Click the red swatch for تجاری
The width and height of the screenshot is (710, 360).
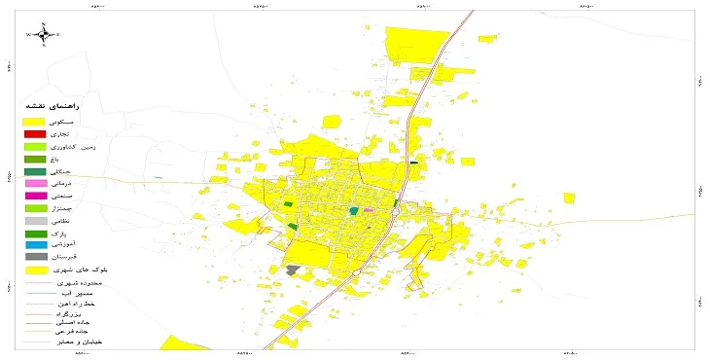35,133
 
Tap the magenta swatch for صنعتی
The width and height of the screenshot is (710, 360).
35,196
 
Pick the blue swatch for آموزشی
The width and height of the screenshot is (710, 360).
35,244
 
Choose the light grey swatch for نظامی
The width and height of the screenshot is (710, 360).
35,221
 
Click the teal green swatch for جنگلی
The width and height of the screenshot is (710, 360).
35,170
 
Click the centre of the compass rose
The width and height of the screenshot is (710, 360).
44,35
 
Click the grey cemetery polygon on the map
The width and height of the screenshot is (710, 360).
293,270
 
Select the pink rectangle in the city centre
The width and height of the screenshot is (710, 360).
369,209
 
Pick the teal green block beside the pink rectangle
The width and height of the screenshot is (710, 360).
354,210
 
